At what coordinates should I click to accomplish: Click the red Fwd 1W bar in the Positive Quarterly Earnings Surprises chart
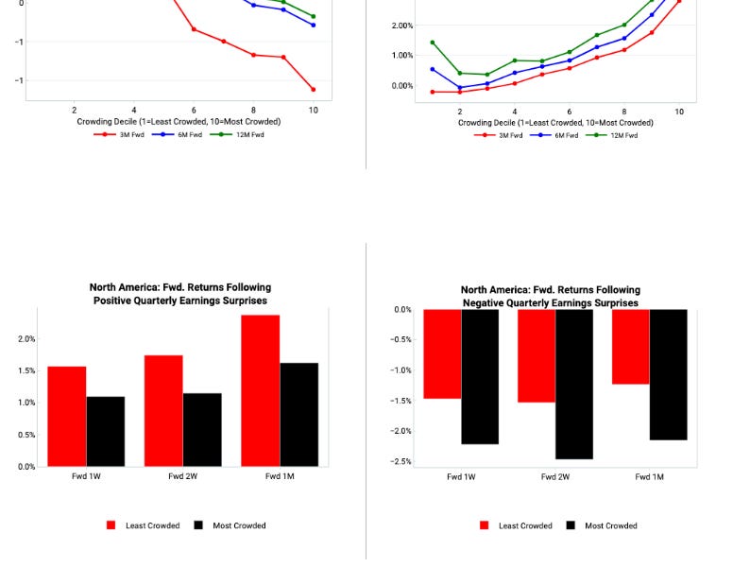[x=67, y=416]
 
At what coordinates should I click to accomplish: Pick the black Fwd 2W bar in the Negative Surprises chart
[x=574, y=384]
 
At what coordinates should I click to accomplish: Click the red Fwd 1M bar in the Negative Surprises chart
[x=630, y=346]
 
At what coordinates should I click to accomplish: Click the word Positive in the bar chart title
[x=116, y=301]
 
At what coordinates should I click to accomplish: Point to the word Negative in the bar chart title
[x=487, y=303]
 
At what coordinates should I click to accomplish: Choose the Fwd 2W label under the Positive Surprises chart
[x=183, y=477]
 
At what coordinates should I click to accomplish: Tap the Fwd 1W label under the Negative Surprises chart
[x=461, y=477]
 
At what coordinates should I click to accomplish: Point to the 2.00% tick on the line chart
[x=403, y=26]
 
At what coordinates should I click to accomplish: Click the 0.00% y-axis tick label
[x=403, y=86]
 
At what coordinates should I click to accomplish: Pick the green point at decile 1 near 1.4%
[x=433, y=43]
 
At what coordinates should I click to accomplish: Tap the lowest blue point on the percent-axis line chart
[x=460, y=88]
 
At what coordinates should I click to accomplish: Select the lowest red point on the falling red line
[x=314, y=90]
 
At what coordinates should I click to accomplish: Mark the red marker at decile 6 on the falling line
[x=194, y=29]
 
